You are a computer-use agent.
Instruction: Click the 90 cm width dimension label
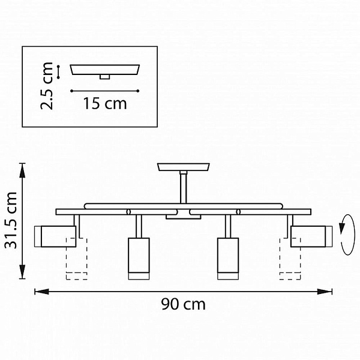[x=183, y=304]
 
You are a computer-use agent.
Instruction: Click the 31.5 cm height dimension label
[x=11, y=220]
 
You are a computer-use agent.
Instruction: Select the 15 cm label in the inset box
[x=105, y=104]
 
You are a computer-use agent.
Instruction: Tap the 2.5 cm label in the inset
[x=47, y=86]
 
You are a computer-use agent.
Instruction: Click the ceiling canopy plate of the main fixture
[x=184, y=167]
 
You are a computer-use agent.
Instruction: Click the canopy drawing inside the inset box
[x=104, y=71]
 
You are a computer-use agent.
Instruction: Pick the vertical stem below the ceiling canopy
[x=183, y=187]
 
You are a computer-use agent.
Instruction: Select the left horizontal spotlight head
[x=55, y=236]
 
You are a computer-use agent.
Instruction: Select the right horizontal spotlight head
[x=311, y=236]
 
